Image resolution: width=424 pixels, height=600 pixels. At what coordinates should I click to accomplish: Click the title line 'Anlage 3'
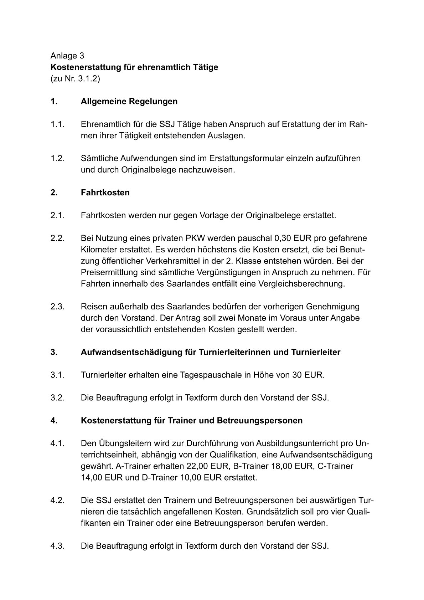pyautogui.click(x=67, y=56)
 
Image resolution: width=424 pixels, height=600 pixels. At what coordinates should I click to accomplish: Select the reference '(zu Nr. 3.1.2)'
pyautogui.click(x=75, y=78)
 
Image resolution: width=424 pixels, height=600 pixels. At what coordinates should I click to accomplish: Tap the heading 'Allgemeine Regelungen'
pyautogui.click(x=129, y=101)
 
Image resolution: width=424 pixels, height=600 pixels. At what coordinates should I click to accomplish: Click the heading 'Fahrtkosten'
pyautogui.click(x=105, y=193)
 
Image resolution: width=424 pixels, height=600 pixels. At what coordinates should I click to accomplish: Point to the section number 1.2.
pyautogui.click(x=57, y=158)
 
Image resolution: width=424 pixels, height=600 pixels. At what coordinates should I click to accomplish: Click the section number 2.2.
pyautogui.click(x=57, y=238)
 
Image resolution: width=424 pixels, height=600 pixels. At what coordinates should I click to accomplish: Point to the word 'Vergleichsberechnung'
pyautogui.click(x=305, y=284)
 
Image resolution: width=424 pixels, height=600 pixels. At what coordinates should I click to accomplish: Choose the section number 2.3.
pyautogui.click(x=57, y=306)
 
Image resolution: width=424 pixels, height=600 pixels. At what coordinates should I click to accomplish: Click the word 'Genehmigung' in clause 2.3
pyautogui.click(x=333, y=306)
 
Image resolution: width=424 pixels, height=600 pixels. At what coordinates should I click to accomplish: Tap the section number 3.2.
pyautogui.click(x=57, y=398)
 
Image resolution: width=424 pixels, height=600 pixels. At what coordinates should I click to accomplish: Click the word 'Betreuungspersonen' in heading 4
pyautogui.click(x=259, y=420)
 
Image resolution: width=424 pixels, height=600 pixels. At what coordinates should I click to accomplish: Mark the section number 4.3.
pyautogui.click(x=57, y=546)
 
